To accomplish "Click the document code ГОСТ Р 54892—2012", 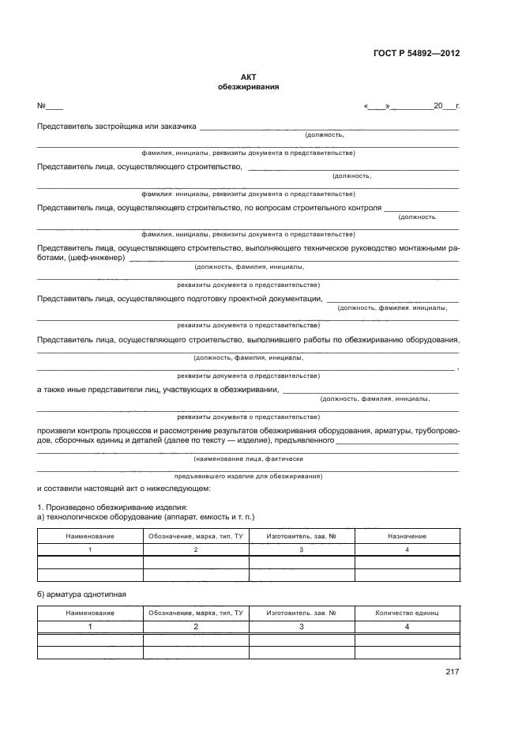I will point(416,54).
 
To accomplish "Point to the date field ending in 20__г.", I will point(411,106).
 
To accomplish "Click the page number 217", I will point(452,672).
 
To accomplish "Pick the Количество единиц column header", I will point(407,613).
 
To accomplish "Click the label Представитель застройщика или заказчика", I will point(116,126).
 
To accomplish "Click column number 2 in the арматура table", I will point(196,626).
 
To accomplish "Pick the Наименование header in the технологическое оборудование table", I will point(90,536).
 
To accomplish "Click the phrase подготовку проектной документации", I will point(254,298).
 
